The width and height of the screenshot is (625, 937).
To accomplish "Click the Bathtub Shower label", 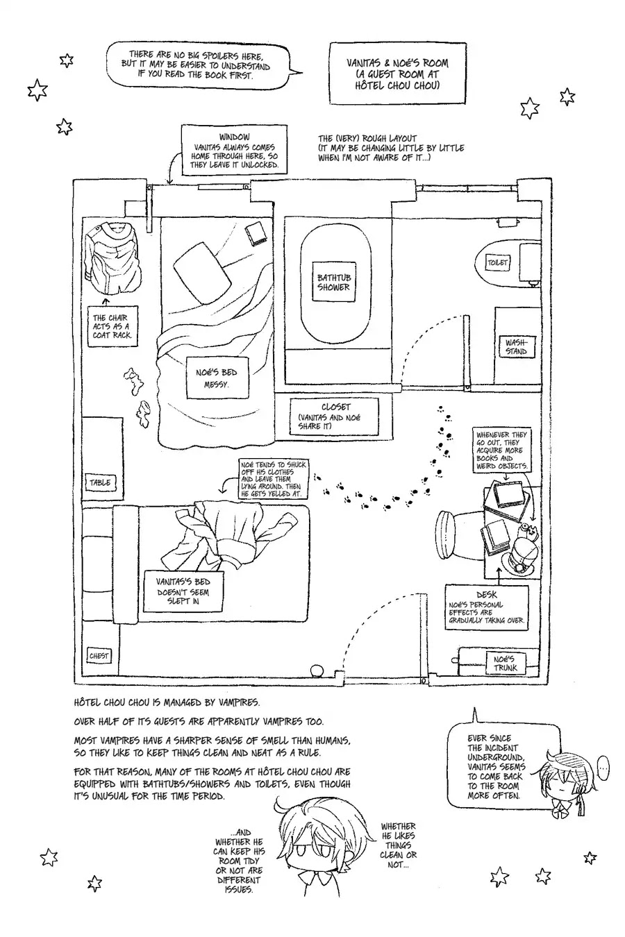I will coord(333,282).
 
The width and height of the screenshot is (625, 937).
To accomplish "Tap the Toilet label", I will coord(497,262).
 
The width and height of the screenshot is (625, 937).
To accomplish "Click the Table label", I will coord(100,482).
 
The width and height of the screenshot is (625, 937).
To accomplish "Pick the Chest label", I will coord(99,656).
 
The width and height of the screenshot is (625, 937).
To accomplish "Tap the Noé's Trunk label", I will coord(506,663).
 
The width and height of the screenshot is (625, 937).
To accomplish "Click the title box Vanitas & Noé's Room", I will coord(397,74).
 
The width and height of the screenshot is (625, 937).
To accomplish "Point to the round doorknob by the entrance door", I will coord(318,670).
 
